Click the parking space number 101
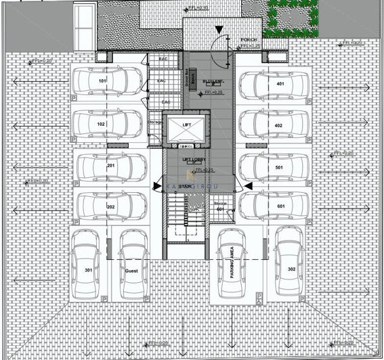click(103, 81)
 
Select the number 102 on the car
click(101, 125)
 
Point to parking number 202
click(111, 206)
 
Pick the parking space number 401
click(279, 84)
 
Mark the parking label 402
click(278, 126)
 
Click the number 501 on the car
click(278, 167)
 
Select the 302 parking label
click(291, 269)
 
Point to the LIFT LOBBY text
click(194, 160)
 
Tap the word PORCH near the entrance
click(249, 40)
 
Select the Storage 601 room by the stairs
click(219, 206)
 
